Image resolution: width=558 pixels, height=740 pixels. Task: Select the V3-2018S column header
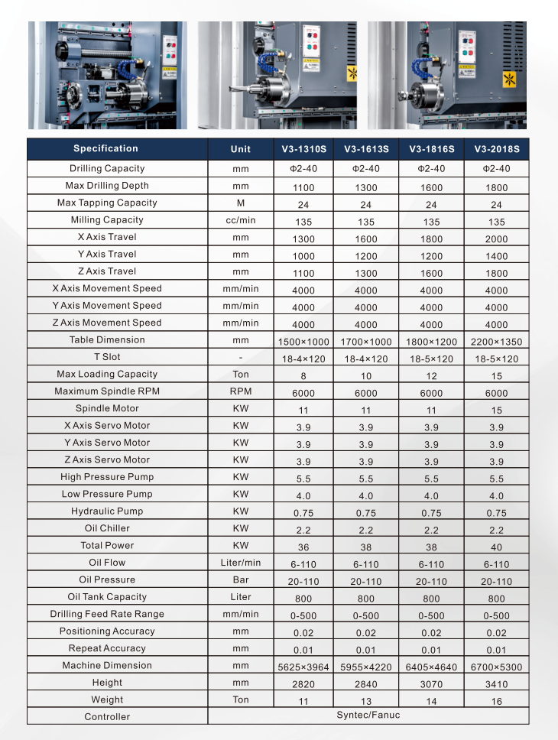[x=496, y=149]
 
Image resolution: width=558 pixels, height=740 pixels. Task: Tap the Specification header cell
[x=105, y=148]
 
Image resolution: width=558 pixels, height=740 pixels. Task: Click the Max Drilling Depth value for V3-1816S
[x=431, y=187]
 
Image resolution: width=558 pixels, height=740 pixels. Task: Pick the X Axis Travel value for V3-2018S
[x=496, y=239]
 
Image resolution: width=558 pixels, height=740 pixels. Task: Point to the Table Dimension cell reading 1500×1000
[x=303, y=342]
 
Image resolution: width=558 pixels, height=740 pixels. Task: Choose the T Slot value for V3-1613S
[x=366, y=359]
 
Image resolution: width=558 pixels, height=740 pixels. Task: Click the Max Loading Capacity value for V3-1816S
[x=431, y=376]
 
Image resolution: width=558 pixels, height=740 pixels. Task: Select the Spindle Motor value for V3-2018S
[x=496, y=411]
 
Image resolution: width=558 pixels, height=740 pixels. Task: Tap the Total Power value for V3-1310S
[x=303, y=547]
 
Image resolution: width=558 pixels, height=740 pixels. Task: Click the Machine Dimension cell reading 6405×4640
[x=431, y=667]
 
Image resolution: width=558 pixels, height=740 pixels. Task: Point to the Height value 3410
[x=496, y=684]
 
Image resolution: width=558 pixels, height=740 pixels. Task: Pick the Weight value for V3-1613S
[x=366, y=702]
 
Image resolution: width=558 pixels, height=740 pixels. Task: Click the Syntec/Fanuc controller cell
[x=368, y=716]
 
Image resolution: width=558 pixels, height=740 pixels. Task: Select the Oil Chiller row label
[x=107, y=528]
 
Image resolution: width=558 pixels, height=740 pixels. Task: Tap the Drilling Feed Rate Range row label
[x=107, y=614]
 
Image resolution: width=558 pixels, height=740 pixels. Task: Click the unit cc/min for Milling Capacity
[x=240, y=220]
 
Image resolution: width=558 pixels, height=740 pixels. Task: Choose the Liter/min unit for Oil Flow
[x=240, y=563]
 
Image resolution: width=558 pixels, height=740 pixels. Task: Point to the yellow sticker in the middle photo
[x=352, y=74]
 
